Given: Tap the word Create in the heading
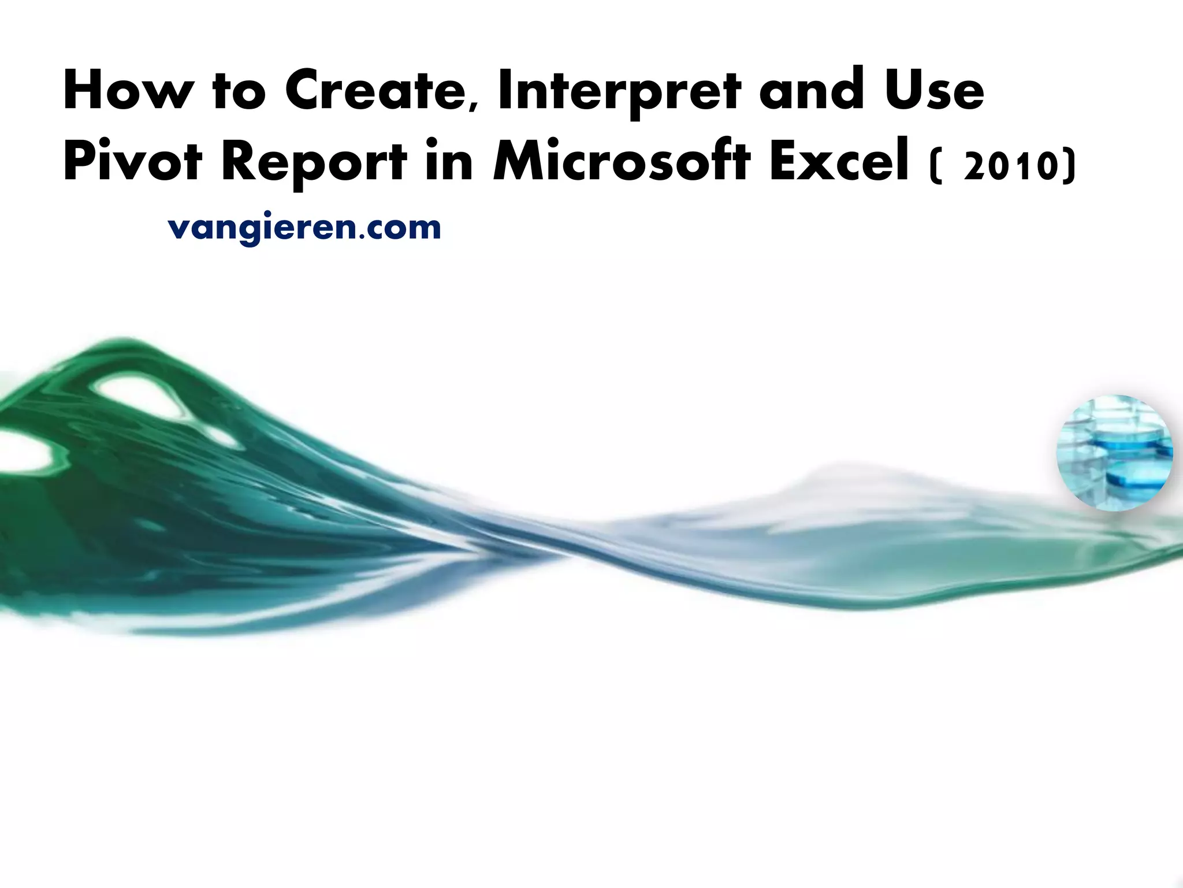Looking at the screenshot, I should coord(377,91).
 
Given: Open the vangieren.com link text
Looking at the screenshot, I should coord(304,228).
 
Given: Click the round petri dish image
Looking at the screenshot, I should coord(1115,453).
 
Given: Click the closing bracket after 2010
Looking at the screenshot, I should coord(1070,168).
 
